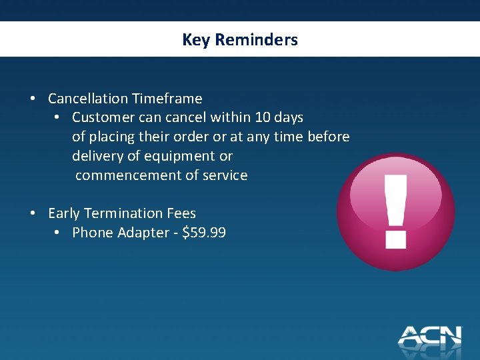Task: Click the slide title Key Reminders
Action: click(x=240, y=40)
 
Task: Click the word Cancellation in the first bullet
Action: click(x=87, y=99)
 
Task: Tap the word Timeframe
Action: click(x=167, y=99)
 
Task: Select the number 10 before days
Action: click(x=263, y=117)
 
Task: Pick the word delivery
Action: click(x=96, y=156)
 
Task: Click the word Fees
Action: click(x=182, y=213)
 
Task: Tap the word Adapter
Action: click(x=137, y=233)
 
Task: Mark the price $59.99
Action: click(x=204, y=233)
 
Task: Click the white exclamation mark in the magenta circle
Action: click(x=396, y=210)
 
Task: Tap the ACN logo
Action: click(x=430, y=335)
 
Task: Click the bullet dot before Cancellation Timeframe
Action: click(x=33, y=99)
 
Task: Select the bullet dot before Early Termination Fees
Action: click(x=33, y=213)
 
